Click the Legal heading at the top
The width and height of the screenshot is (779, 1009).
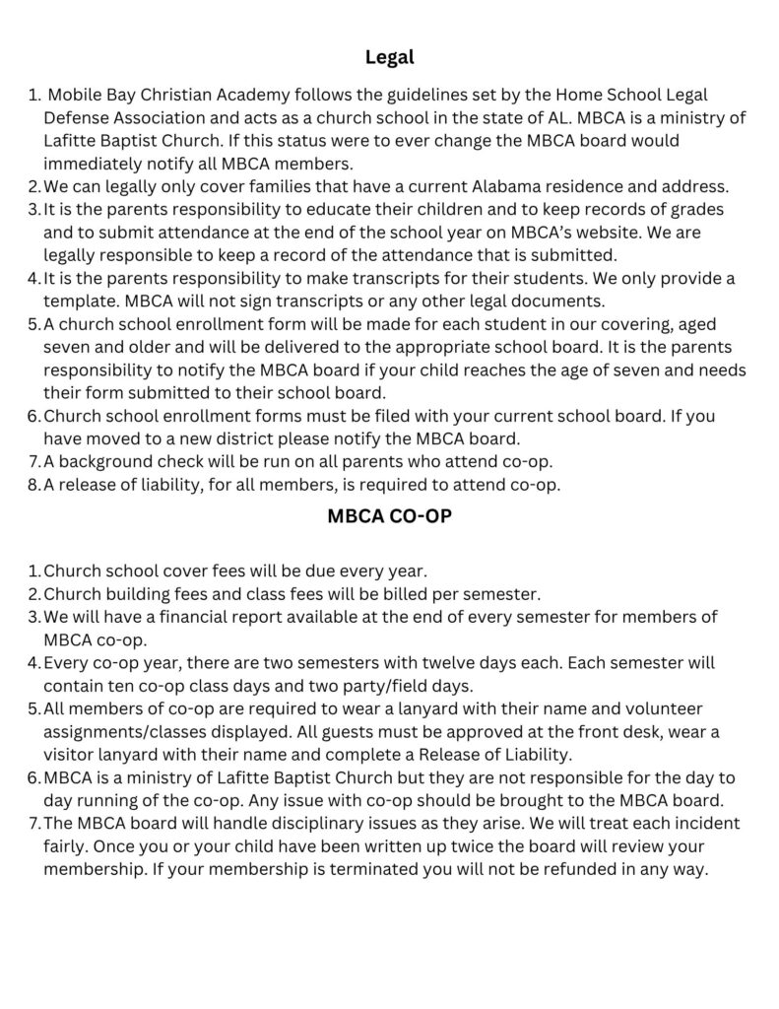point(389,57)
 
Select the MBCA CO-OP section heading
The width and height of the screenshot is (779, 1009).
point(389,515)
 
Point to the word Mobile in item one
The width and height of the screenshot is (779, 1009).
point(74,96)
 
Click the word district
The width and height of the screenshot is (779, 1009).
point(265,438)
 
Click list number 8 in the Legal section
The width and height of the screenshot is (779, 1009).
point(33,484)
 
